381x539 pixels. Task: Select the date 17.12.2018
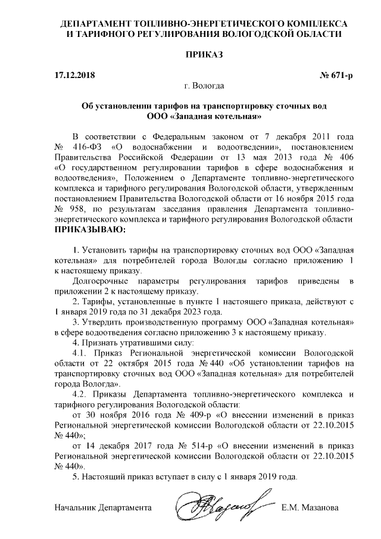[x=74, y=76]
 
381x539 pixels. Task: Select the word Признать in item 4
[x=101, y=344]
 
